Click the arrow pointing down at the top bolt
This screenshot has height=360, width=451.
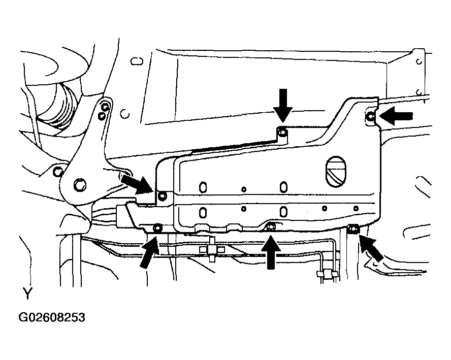[x=283, y=105]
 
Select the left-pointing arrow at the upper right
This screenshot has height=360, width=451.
[x=396, y=116]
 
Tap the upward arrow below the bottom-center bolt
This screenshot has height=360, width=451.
[x=270, y=253]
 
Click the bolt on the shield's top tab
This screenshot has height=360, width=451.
[x=282, y=133]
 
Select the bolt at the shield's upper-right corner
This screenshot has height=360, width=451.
[x=371, y=116]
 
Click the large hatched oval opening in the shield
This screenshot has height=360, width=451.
[x=336, y=172]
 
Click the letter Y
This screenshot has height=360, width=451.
[x=27, y=294]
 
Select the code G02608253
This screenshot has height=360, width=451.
[x=52, y=317]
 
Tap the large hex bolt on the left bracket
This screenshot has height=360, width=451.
[x=80, y=184]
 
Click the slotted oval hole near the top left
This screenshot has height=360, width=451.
[x=137, y=61]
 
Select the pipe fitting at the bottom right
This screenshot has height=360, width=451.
[x=327, y=274]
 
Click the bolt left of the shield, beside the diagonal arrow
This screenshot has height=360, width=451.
[x=162, y=196]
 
